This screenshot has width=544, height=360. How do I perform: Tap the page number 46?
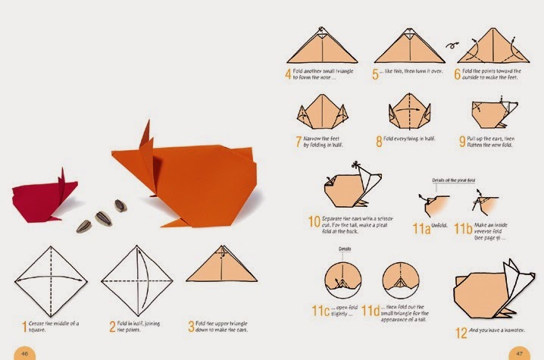[x=24, y=352]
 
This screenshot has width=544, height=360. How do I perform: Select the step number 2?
[x=112, y=327]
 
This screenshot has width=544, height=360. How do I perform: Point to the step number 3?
[x=192, y=327]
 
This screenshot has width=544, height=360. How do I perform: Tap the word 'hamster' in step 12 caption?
[x=516, y=331]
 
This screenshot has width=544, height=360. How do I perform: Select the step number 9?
[x=462, y=141]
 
